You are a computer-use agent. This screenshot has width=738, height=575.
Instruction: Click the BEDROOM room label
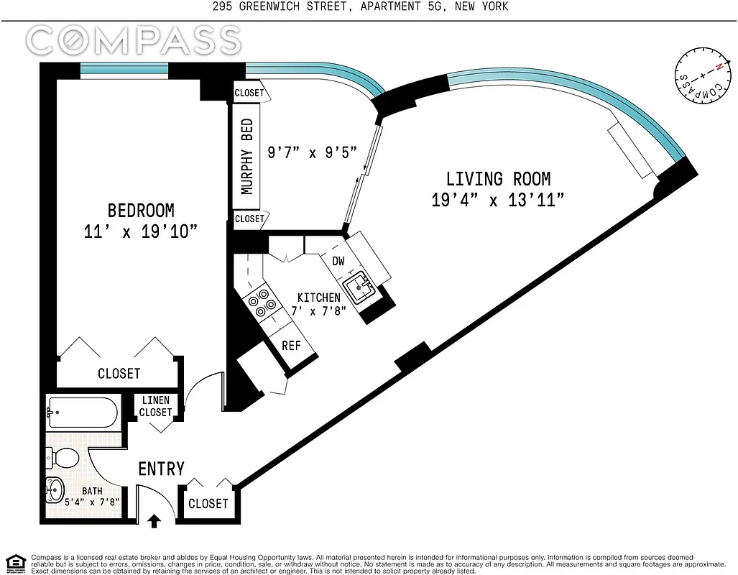(141, 211)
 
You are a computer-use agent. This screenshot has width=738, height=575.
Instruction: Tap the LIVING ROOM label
(498, 179)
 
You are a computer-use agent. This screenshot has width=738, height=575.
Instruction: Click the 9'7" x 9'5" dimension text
(312, 153)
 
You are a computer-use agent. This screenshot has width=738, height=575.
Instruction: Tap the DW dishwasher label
(338, 262)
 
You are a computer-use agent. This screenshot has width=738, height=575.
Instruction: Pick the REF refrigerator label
(291, 345)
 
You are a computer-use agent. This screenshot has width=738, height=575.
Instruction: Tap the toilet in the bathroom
(63, 456)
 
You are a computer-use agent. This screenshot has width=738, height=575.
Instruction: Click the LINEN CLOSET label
(156, 406)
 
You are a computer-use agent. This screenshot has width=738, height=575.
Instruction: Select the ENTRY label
(161, 469)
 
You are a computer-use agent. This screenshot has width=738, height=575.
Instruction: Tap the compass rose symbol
(698, 80)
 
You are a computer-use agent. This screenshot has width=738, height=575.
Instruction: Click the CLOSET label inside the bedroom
(119, 374)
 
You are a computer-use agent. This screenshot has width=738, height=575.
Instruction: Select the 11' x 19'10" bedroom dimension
(141, 231)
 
